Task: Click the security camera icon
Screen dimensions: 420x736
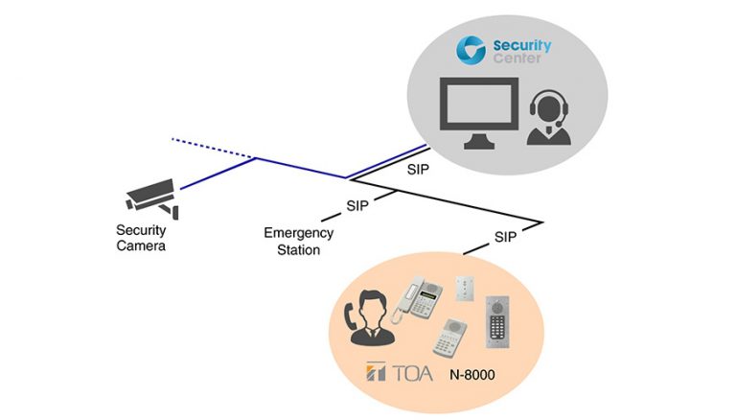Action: (x=151, y=195)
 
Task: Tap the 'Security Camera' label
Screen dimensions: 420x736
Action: (x=142, y=238)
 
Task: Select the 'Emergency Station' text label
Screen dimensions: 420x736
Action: (x=299, y=242)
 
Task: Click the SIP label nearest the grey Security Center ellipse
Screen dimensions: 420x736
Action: (x=418, y=169)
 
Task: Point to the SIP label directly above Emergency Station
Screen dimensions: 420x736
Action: (x=357, y=205)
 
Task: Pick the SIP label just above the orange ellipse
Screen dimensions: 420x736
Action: (x=506, y=236)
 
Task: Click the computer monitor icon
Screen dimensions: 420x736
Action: (x=478, y=112)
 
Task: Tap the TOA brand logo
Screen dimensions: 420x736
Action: (x=406, y=372)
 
